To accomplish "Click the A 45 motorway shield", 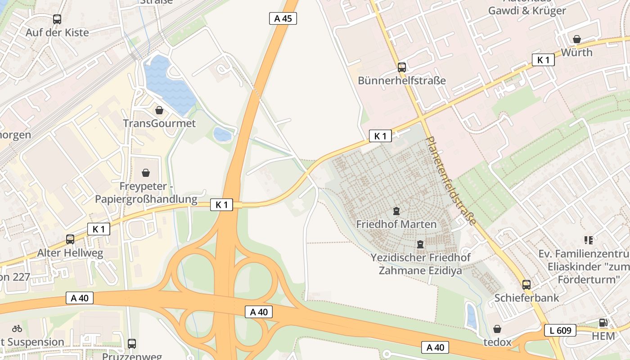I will click(283, 18).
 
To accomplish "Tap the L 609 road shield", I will click(560, 330).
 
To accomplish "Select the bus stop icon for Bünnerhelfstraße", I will click(401, 67).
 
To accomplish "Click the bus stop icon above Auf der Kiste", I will click(57, 19).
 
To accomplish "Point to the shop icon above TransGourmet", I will click(159, 110).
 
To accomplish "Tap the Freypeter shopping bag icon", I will click(146, 173).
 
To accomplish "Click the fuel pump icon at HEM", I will click(603, 323).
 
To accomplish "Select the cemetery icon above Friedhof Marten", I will click(396, 211).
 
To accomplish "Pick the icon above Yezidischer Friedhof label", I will click(420, 244).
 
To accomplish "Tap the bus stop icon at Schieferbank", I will click(526, 284).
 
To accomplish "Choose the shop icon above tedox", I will click(497, 329).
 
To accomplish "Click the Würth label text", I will click(576, 52).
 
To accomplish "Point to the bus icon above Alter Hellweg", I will click(70, 239).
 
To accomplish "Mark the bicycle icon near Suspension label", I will click(17, 328).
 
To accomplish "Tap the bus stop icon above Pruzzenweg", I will click(132, 344).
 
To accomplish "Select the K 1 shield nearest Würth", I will click(543, 60).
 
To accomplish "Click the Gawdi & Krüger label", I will click(527, 11).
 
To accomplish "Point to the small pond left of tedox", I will click(471, 315).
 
